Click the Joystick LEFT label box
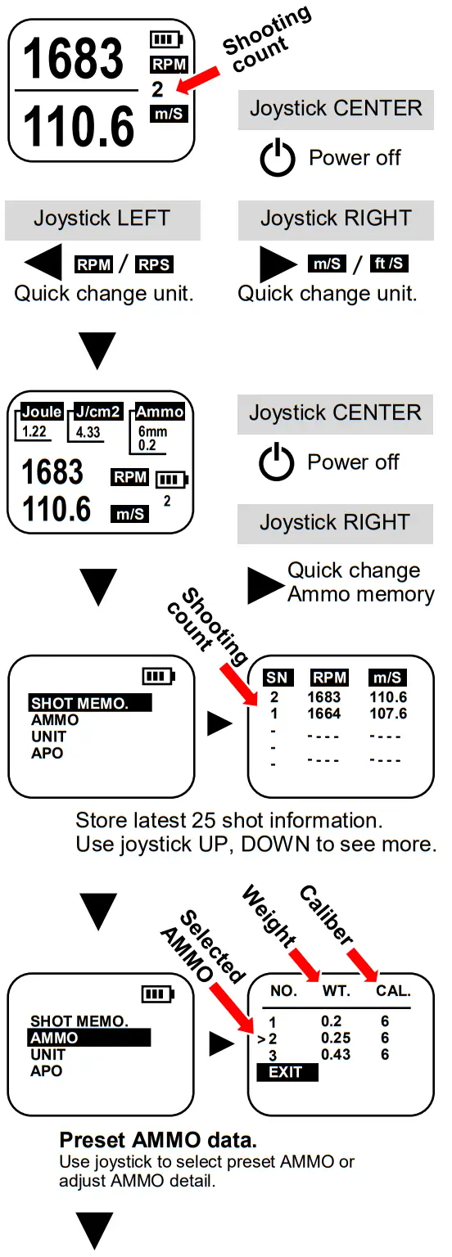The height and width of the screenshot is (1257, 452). [102, 219]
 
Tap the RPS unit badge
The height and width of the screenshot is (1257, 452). [155, 264]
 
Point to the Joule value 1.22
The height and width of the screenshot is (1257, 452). [34, 431]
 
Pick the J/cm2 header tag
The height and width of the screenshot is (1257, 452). [97, 412]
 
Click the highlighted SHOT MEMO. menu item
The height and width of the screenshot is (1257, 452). [91, 703]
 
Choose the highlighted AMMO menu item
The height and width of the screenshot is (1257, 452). [90, 1038]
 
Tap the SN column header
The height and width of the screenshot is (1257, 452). [276, 678]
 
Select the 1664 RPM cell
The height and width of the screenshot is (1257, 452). [323, 714]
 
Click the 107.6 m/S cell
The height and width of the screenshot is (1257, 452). [387, 714]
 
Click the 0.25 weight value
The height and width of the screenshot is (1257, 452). [336, 1038]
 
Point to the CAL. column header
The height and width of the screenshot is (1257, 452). [393, 991]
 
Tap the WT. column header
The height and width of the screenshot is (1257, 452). [336, 991]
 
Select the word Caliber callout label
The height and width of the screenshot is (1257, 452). [326, 915]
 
